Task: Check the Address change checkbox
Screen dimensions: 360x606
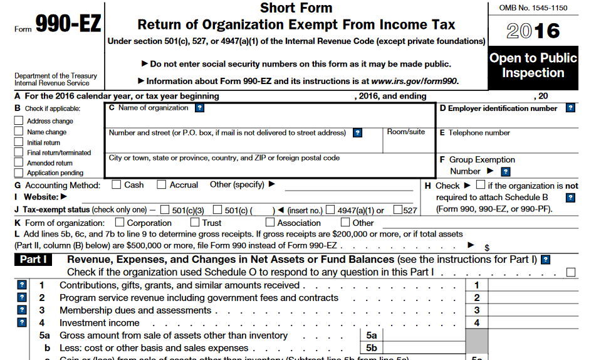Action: tap(19, 121)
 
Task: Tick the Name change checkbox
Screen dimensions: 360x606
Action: tap(19, 132)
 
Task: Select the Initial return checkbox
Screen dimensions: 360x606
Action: tap(19, 142)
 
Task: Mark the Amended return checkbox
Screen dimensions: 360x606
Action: tap(19, 162)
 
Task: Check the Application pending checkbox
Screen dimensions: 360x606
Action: tap(19, 172)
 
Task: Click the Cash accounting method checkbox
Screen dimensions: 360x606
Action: tap(117, 184)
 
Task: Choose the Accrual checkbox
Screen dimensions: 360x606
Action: tap(162, 184)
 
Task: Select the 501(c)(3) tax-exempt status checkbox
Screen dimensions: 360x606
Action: tap(165, 210)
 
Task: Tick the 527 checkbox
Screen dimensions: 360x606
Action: tap(397, 210)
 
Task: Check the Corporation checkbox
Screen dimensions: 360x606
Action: tap(120, 222)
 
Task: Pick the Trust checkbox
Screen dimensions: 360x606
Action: tap(195, 222)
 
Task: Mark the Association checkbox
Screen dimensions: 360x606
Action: tap(270, 222)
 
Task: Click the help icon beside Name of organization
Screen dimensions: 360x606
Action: tap(199, 108)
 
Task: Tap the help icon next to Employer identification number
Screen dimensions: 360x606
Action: tap(570, 108)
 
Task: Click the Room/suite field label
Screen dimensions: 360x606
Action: tap(405, 132)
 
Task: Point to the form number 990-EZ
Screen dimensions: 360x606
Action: tap(67, 24)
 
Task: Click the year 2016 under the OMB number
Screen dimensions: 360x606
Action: tap(533, 31)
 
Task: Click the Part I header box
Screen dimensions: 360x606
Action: tap(33, 259)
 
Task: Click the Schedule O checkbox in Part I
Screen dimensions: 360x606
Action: tap(571, 272)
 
